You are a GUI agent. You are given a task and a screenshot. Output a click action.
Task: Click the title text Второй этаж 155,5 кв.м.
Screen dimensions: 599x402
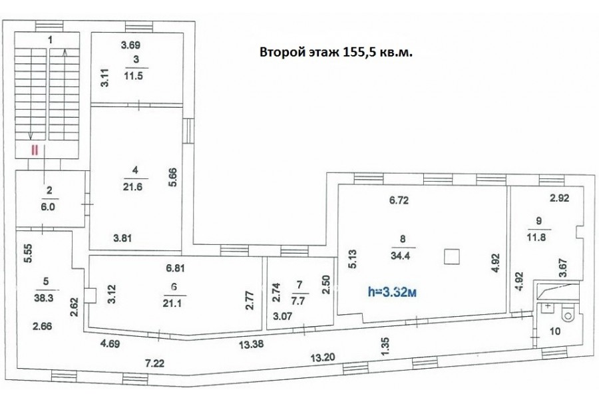[x=336, y=53]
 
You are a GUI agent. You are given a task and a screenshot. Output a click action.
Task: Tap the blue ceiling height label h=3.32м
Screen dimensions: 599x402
[x=392, y=292]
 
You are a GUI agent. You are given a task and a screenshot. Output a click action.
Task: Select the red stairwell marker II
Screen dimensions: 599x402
[x=35, y=150]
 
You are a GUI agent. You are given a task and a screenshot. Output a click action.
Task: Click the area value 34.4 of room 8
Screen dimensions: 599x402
[x=401, y=256]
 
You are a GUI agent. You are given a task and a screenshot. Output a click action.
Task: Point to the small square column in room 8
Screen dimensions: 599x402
[x=453, y=256]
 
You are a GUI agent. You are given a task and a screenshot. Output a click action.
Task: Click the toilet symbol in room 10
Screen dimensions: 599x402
[x=567, y=315]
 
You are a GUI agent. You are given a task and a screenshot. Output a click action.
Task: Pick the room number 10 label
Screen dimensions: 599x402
[x=554, y=331]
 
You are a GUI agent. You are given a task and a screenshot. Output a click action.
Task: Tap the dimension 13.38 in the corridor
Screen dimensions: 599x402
[x=252, y=344]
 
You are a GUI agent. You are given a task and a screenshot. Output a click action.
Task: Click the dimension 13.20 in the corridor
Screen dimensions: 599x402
[x=323, y=357]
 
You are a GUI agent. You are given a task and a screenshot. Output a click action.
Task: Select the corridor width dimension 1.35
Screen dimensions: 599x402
[x=385, y=346]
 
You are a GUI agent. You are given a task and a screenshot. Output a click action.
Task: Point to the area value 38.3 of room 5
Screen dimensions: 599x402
[x=43, y=298]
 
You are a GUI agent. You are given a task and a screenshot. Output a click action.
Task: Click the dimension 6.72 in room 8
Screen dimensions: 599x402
[x=399, y=200]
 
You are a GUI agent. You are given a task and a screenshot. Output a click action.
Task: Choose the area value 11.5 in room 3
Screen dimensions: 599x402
[x=133, y=76]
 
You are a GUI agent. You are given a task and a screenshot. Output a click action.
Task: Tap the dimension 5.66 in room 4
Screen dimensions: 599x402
[x=173, y=177]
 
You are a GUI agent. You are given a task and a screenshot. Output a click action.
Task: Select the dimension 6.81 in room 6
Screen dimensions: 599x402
[x=175, y=268]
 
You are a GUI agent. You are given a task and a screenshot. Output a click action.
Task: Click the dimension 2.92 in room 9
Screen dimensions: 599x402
[x=559, y=198]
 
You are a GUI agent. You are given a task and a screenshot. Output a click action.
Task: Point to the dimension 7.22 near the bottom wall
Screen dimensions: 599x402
[x=154, y=363]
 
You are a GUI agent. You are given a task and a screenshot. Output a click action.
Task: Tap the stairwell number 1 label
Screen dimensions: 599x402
[x=50, y=39]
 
